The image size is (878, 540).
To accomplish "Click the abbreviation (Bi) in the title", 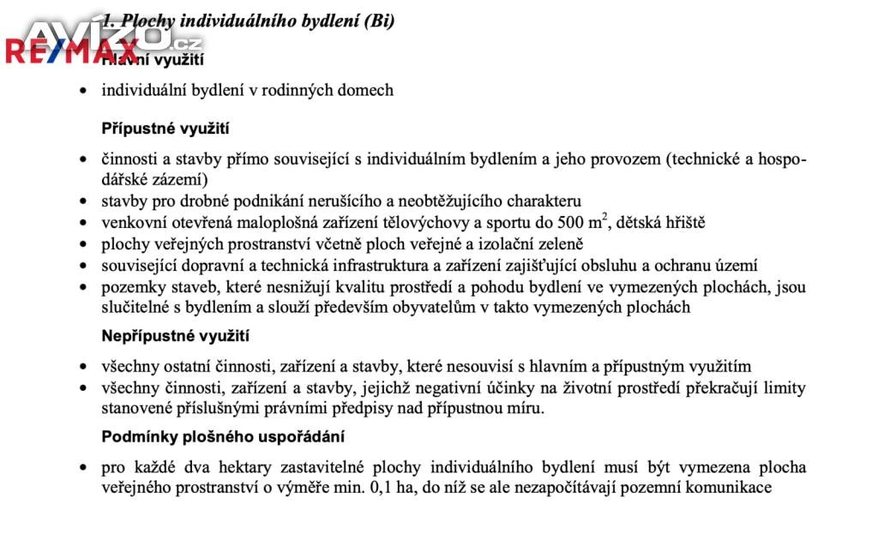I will (x=378, y=21).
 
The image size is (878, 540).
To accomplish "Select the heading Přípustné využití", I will (x=165, y=129).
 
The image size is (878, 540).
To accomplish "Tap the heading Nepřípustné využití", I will (x=175, y=336).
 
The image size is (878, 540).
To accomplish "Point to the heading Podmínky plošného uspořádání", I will (x=223, y=436).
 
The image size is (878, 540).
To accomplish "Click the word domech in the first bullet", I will (x=368, y=89).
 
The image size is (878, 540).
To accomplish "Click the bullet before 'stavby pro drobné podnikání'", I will (x=82, y=202).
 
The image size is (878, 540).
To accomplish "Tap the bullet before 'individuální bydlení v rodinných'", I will (x=82, y=90).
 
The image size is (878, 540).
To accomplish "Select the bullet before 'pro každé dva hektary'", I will (x=82, y=468).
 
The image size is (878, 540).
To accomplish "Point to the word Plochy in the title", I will (x=147, y=21).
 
